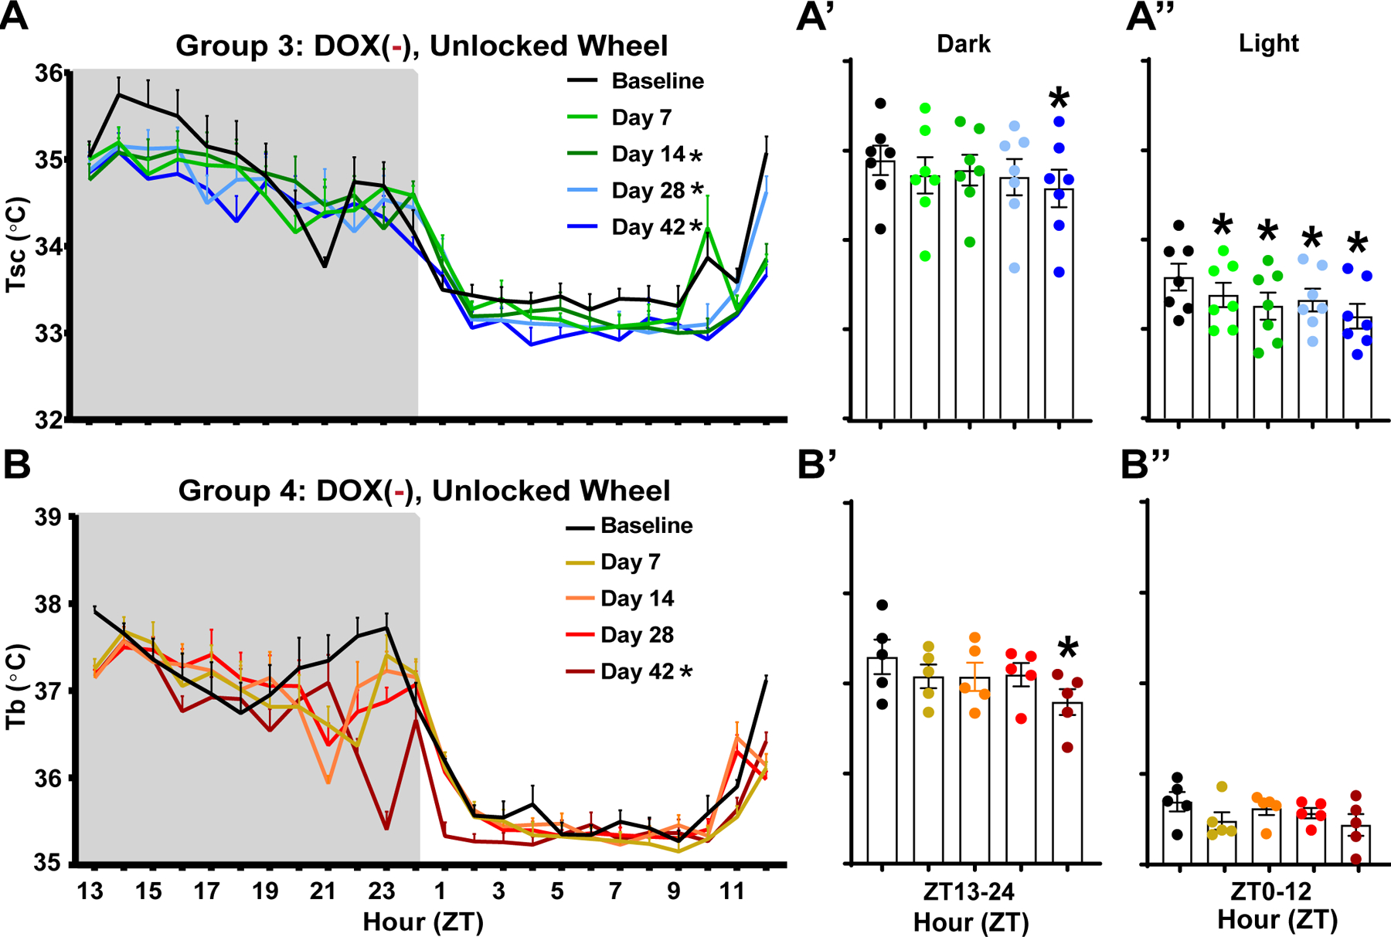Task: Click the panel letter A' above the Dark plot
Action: [813, 17]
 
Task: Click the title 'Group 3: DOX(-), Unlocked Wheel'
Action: [421, 46]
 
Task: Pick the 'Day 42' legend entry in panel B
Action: [637, 671]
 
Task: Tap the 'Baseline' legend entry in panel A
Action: [657, 81]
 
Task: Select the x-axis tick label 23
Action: [382, 891]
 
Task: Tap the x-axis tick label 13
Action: [90, 891]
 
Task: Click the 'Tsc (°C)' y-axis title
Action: [17, 246]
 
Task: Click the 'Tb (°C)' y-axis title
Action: [17, 687]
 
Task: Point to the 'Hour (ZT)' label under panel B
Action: [423, 922]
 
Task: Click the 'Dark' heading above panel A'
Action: [963, 43]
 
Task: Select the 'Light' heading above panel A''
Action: [1268, 43]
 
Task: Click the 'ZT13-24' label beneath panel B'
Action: [969, 892]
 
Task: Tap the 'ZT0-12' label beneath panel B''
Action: [1270, 892]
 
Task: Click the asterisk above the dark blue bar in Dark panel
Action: [1059, 99]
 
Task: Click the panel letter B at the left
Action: [17, 465]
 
